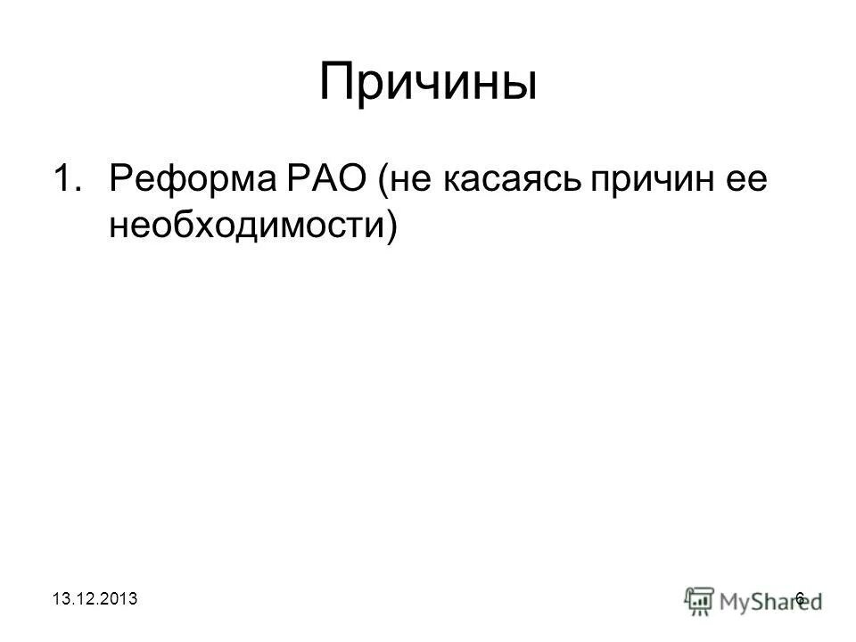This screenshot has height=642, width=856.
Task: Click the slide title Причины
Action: [428, 84]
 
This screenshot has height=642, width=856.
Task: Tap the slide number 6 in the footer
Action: [799, 597]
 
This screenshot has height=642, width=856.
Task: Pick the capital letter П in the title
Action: [336, 84]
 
